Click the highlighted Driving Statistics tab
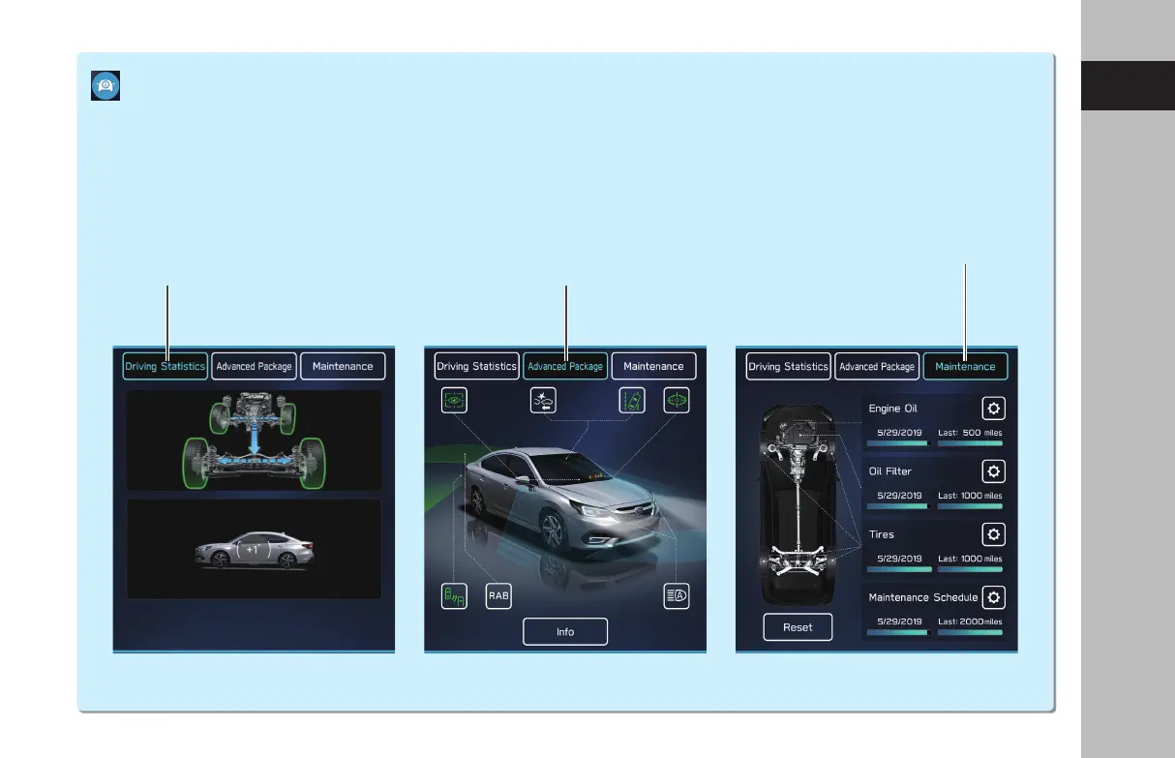(x=165, y=367)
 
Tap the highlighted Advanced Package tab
(x=565, y=367)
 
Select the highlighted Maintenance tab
(x=965, y=367)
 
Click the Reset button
(x=798, y=627)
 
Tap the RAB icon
(x=498, y=596)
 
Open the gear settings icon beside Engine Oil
(x=993, y=409)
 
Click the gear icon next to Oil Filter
(x=993, y=471)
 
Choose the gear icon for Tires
(x=993, y=534)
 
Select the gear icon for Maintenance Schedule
(x=993, y=597)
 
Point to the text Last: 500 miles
(x=970, y=434)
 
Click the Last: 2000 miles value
(x=970, y=622)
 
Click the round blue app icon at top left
(x=105, y=85)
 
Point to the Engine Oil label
(x=893, y=409)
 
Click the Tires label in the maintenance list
(x=882, y=534)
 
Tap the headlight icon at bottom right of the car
(x=677, y=596)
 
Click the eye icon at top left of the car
(x=455, y=401)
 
